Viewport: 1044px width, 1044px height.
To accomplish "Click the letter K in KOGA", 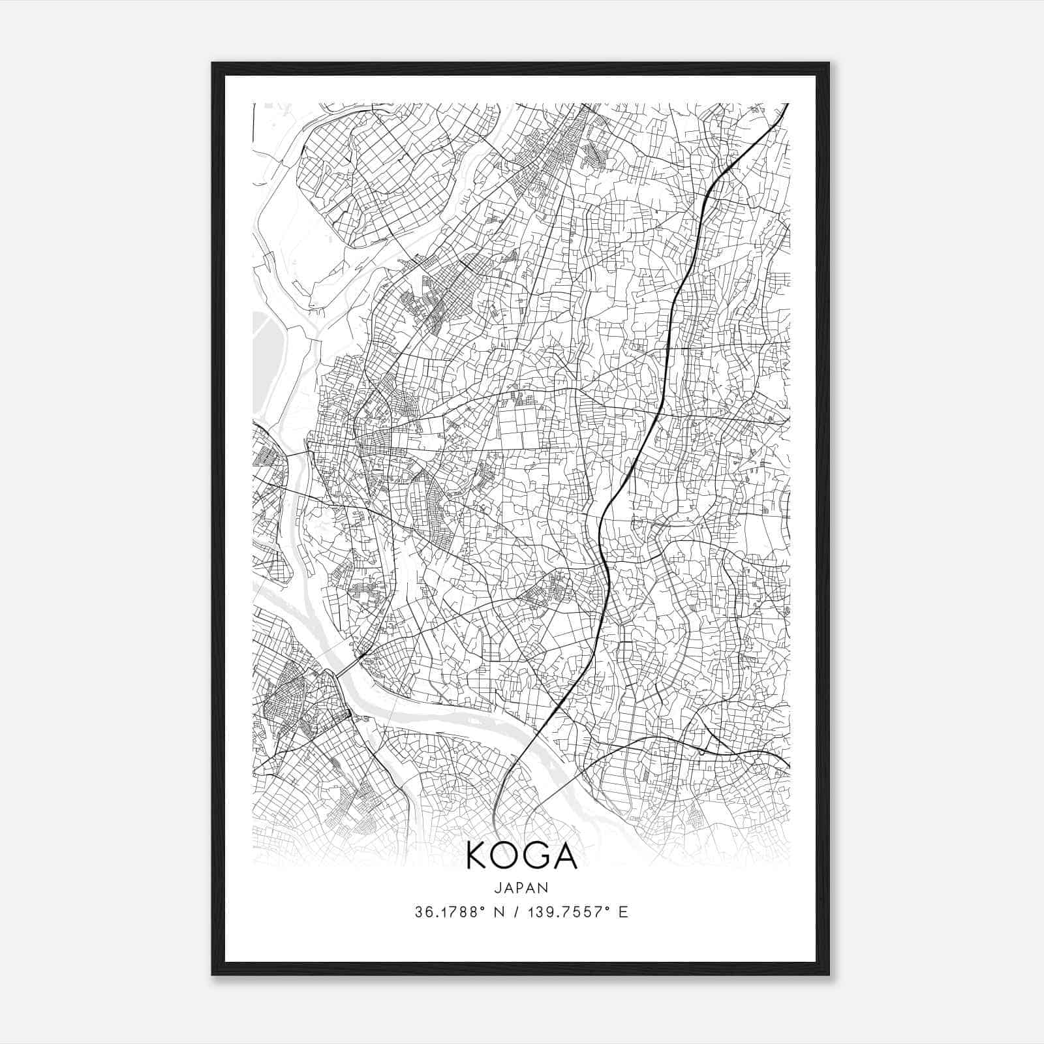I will point(479,856).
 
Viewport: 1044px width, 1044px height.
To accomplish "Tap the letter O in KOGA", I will point(507,856).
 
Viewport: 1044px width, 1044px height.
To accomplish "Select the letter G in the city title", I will point(537,856).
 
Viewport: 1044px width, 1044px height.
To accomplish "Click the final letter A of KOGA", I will point(565,856).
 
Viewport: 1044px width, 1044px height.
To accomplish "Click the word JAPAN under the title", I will point(521,887).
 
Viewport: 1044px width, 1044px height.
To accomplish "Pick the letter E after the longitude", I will point(624,912).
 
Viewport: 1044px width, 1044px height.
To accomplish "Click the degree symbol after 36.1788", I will point(473,908).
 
